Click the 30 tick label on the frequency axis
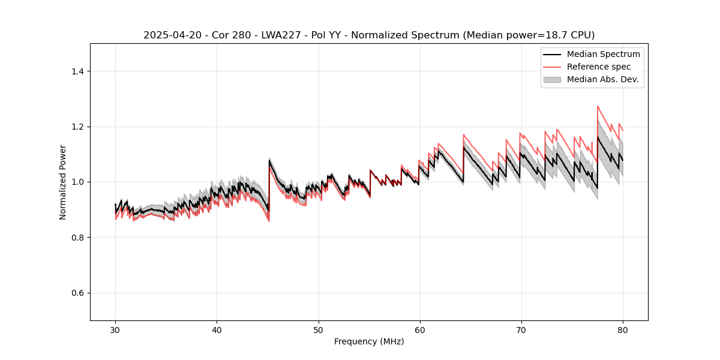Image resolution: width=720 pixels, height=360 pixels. (116, 329)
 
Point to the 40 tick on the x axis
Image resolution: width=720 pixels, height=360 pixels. (217, 329)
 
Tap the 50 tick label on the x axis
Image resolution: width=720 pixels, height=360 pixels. (319, 329)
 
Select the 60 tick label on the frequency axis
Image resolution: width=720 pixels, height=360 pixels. (420, 329)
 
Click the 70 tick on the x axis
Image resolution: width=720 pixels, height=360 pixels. (521, 329)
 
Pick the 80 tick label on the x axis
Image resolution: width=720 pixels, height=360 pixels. (623, 329)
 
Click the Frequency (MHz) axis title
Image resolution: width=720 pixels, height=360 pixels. (369, 341)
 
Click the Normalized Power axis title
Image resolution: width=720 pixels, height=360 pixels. (63, 182)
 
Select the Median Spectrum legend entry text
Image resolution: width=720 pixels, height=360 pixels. (603, 54)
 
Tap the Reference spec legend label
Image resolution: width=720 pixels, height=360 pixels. (599, 67)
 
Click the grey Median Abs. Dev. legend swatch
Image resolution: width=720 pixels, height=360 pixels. (552, 79)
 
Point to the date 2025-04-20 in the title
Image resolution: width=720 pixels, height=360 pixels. (168, 35)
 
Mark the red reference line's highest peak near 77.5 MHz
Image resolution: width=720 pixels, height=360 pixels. (598, 106)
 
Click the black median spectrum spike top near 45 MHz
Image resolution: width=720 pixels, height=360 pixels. (269, 160)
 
